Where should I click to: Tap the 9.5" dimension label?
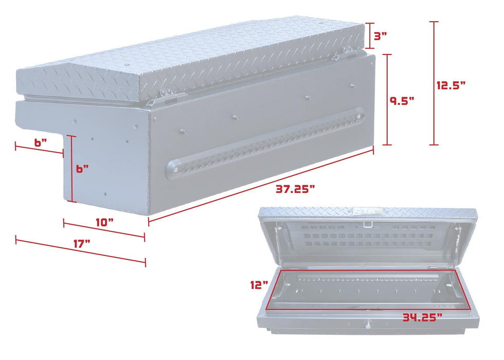pyautogui.click(x=402, y=100)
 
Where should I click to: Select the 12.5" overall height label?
pyautogui.click(x=451, y=85)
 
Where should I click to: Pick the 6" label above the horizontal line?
pyautogui.click(x=39, y=142)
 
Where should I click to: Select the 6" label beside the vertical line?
pyautogui.click(x=82, y=169)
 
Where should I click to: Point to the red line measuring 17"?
pyautogui.click(x=80, y=251)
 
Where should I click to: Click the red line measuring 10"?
pyautogui.click(x=104, y=230)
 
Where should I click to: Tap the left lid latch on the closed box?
pyautogui.click(x=163, y=95)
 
